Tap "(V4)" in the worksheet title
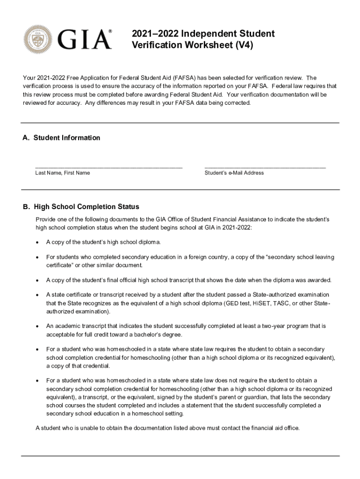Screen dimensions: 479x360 pyautogui.click(x=243, y=46)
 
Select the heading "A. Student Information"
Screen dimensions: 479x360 pyautogui.click(x=61, y=138)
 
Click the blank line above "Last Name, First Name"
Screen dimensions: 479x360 pyautogui.click(x=108, y=166)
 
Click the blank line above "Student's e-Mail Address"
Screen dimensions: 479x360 pyautogui.click(x=265, y=166)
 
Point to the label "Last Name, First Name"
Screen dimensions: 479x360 pyautogui.click(x=63, y=173)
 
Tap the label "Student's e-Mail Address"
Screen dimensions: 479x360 pyautogui.click(x=234, y=173)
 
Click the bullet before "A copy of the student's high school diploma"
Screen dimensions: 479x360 pyautogui.click(x=37, y=242)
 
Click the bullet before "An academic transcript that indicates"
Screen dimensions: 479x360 pyautogui.click(x=37, y=326)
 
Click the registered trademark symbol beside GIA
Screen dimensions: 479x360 pyautogui.click(x=110, y=31)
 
